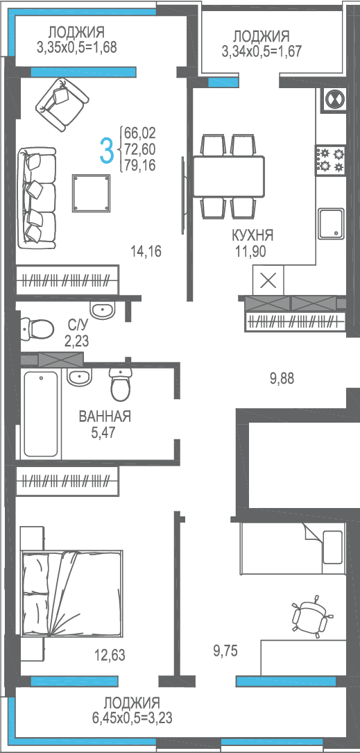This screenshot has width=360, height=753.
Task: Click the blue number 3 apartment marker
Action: pyautogui.click(x=107, y=150)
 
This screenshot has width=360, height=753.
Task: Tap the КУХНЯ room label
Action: pyautogui.click(x=252, y=235)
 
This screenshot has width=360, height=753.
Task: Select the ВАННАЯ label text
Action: pyautogui.click(x=105, y=416)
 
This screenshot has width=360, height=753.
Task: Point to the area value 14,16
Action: pyautogui.click(x=146, y=250)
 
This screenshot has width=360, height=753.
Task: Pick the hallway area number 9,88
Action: pyautogui.click(x=282, y=379)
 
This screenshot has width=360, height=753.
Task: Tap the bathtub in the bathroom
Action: pyautogui.click(x=42, y=413)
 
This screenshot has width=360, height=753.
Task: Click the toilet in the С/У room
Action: pyautogui.click(x=37, y=328)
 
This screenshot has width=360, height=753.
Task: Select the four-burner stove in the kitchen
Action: pyautogui.click(x=331, y=160)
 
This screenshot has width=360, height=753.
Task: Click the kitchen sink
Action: pyautogui.click(x=331, y=223)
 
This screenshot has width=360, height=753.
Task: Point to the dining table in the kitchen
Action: pyautogui.click(x=228, y=176)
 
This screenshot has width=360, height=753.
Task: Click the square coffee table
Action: pyautogui.click(x=92, y=192)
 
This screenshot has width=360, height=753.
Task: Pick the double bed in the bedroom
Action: pyautogui.click(x=72, y=593)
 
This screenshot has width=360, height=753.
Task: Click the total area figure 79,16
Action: pyautogui.click(x=139, y=166)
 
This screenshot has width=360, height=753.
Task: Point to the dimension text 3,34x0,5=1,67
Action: pyautogui.click(x=262, y=51)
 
